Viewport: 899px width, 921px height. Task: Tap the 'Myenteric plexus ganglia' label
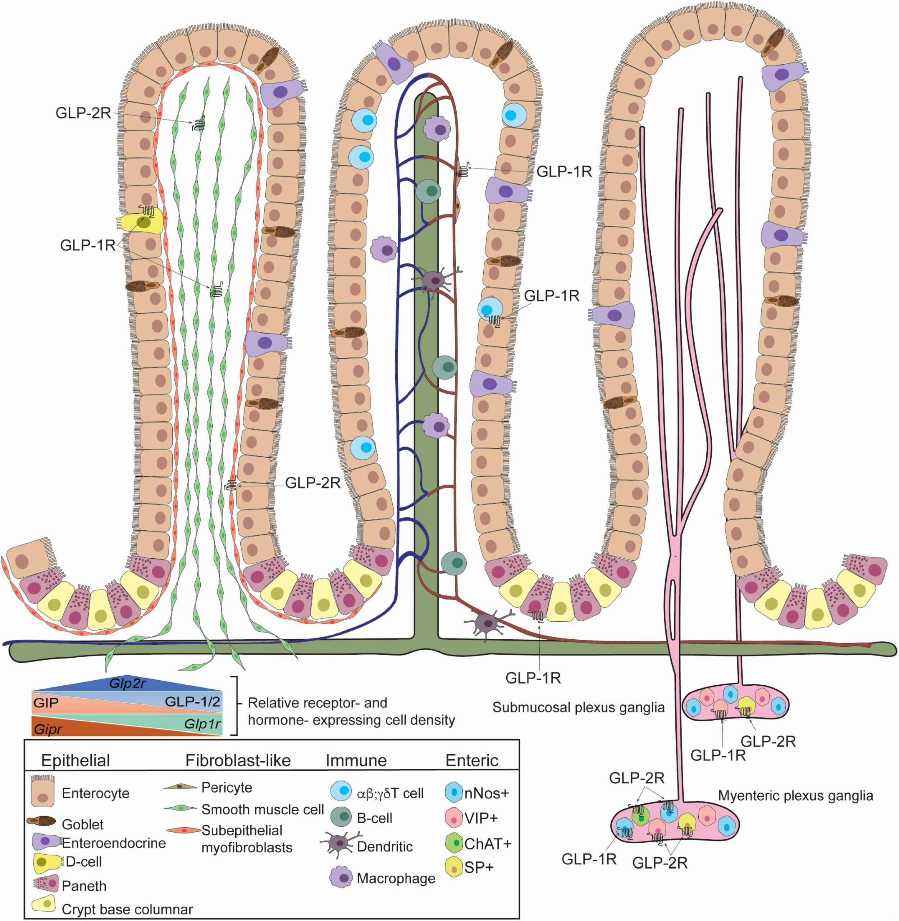pos(795,795)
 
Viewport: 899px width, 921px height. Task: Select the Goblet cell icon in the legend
pos(42,822)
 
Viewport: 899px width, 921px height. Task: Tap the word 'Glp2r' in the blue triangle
pos(128,684)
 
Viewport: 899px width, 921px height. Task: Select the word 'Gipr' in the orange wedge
pos(48,729)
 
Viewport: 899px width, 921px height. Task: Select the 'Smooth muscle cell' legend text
pos(263,809)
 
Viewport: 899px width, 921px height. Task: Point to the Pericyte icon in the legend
pos(181,787)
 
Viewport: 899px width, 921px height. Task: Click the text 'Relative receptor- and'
pos(317,702)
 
